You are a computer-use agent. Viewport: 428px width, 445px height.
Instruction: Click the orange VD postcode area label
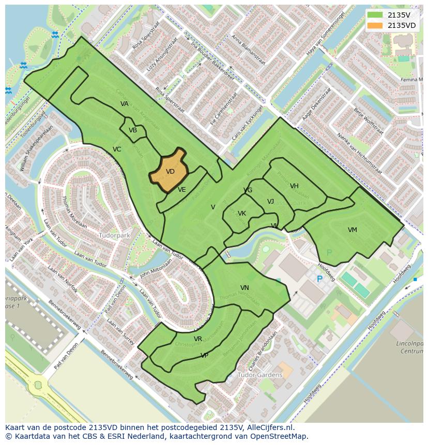(x=170, y=172)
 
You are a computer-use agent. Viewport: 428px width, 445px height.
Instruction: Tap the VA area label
(x=124, y=104)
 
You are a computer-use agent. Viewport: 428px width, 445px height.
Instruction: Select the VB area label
(x=133, y=130)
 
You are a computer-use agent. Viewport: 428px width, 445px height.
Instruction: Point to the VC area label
(x=117, y=149)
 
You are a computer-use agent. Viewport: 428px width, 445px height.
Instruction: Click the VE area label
(x=181, y=190)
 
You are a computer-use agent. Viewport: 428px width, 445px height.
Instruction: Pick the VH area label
(x=294, y=186)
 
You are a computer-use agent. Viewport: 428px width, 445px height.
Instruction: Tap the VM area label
(x=352, y=230)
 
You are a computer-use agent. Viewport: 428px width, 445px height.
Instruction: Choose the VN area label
(x=244, y=288)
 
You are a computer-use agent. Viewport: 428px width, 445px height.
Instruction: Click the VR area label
(x=198, y=339)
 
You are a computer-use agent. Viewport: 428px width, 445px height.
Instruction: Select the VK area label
(x=242, y=213)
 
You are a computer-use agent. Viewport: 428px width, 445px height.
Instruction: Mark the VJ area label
(x=270, y=202)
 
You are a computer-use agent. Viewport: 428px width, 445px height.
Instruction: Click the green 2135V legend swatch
(x=375, y=15)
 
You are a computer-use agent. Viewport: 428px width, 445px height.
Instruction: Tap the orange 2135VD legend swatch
(x=375, y=25)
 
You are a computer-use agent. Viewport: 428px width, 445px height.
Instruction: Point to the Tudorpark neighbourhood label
(x=114, y=235)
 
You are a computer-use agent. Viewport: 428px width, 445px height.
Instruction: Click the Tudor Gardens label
(x=260, y=375)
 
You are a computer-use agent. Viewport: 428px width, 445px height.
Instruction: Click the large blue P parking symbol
(x=319, y=279)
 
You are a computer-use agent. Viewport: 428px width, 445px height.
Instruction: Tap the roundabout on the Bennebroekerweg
(x=38, y=385)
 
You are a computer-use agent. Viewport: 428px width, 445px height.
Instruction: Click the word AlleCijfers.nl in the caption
(x=269, y=427)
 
